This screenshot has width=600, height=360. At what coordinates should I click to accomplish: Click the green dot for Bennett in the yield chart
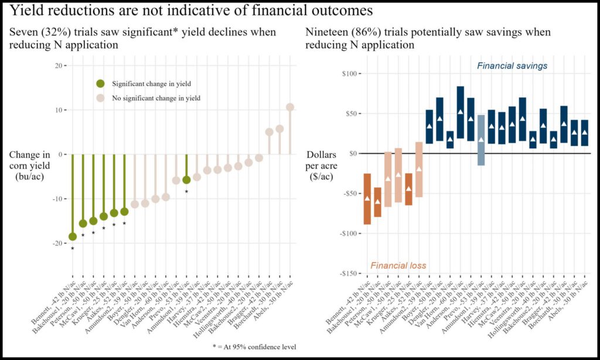[x=73, y=236]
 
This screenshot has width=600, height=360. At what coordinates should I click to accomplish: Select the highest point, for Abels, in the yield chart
[x=289, y=107]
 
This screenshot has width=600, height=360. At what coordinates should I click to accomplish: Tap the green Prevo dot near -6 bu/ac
[x=186, y=179]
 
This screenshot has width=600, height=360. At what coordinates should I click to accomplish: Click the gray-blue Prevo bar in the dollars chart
[x=481, y=140]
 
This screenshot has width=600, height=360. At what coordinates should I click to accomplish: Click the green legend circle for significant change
[x=101, y=84]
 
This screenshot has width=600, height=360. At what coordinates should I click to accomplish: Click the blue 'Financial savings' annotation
[x=512, y=66]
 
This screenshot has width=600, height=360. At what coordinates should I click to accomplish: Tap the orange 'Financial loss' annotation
[x=398, y=266]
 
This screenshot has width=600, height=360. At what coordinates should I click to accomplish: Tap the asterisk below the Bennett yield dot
[x=73, y=249]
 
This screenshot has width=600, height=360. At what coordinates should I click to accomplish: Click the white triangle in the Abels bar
[x=584, y=133]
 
